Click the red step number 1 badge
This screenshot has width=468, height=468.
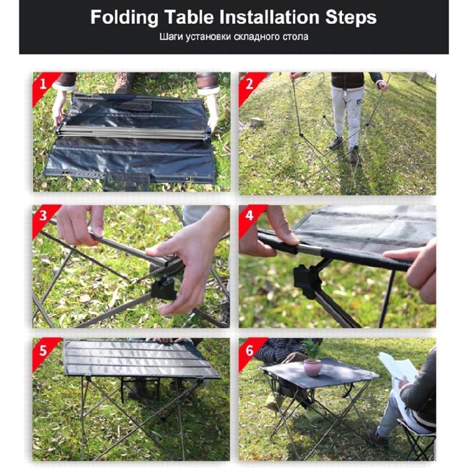point(42,82)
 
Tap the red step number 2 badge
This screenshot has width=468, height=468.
point(248,82)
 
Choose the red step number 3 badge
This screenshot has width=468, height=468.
point(42,215)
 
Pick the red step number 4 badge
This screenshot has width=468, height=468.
point(248,215)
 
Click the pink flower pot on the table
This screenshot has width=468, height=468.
point(312,367)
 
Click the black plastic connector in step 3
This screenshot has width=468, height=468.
point(163,288)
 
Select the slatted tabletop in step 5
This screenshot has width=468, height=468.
point(140,360)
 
